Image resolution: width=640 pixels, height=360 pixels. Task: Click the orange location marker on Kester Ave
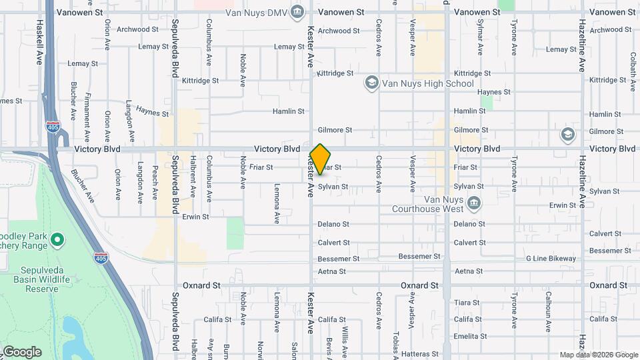pos(320,159)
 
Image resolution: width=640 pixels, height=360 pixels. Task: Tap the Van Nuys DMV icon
pos(297,11)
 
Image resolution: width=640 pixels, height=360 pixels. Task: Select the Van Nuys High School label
pos(428,83)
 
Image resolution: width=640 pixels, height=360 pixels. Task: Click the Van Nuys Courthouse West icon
pos(474,203)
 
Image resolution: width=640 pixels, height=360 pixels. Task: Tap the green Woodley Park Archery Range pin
pos(57,239)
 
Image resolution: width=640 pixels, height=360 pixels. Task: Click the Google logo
pos(21,352)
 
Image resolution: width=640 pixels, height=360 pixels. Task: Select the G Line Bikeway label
pos(550,258)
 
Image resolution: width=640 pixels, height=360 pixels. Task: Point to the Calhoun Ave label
pos(548,311)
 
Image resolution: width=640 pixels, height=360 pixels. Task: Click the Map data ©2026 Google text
pos(599,355)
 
